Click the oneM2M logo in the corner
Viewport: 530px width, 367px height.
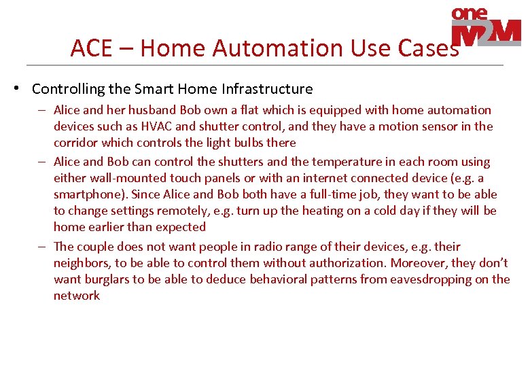coord(486,28)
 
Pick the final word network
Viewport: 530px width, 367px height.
coord(77,296)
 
